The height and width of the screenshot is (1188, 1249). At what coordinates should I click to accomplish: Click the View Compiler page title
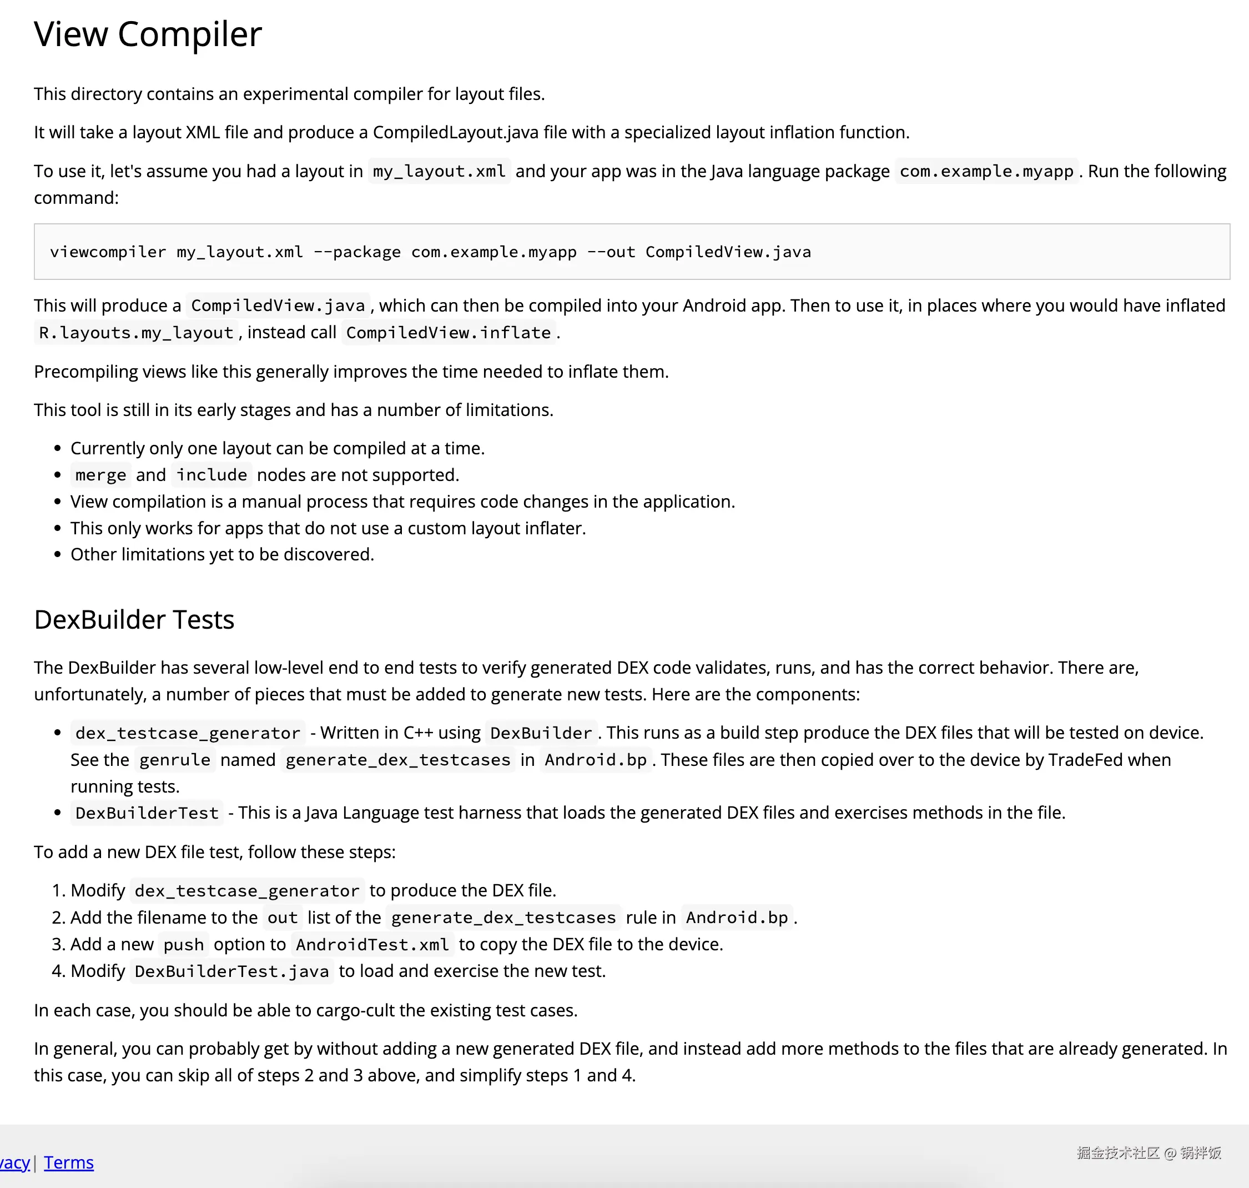point(148,34)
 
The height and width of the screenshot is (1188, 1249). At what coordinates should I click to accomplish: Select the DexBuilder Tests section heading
point(134,619)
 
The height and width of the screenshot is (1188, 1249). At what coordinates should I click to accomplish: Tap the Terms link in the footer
point(68,1162)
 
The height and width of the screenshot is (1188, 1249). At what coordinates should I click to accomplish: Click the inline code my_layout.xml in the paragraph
point(439,171)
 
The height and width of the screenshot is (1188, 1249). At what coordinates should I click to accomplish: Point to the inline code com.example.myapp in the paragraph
point(986,171)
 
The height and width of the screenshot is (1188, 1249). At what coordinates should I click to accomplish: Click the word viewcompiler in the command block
point(108,252)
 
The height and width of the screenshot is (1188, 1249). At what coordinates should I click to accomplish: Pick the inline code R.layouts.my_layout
point(136,333)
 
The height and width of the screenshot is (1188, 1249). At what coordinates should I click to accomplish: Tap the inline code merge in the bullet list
point(100,475)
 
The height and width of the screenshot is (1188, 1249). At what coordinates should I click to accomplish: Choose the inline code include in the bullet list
point(211,475)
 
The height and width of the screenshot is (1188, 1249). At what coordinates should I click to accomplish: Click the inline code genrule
point(175,759)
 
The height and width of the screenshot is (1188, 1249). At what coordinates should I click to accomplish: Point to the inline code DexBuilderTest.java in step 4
point(231,971)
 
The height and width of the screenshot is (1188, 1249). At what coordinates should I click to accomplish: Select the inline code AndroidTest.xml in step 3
point(372,944)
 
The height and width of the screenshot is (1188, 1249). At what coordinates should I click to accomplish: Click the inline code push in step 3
point(184,944)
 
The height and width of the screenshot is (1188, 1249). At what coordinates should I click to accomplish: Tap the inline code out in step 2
point(283,917)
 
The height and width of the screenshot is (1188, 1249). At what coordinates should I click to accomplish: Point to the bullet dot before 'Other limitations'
point(58,555)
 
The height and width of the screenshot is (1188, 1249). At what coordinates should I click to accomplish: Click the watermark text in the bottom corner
point(1149,1152)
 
